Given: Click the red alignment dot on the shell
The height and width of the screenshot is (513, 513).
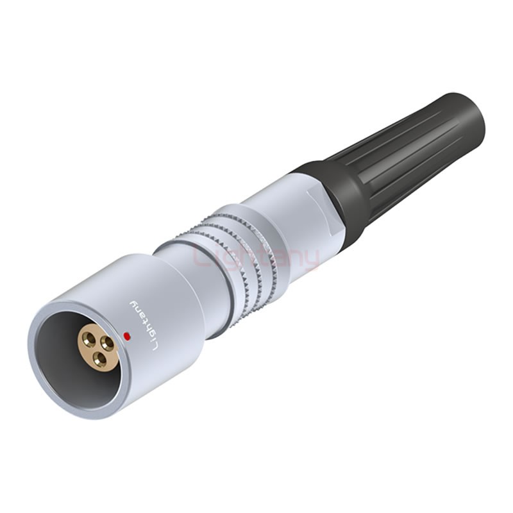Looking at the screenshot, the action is click(126, 335).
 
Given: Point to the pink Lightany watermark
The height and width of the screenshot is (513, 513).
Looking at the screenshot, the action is click(255, 258).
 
